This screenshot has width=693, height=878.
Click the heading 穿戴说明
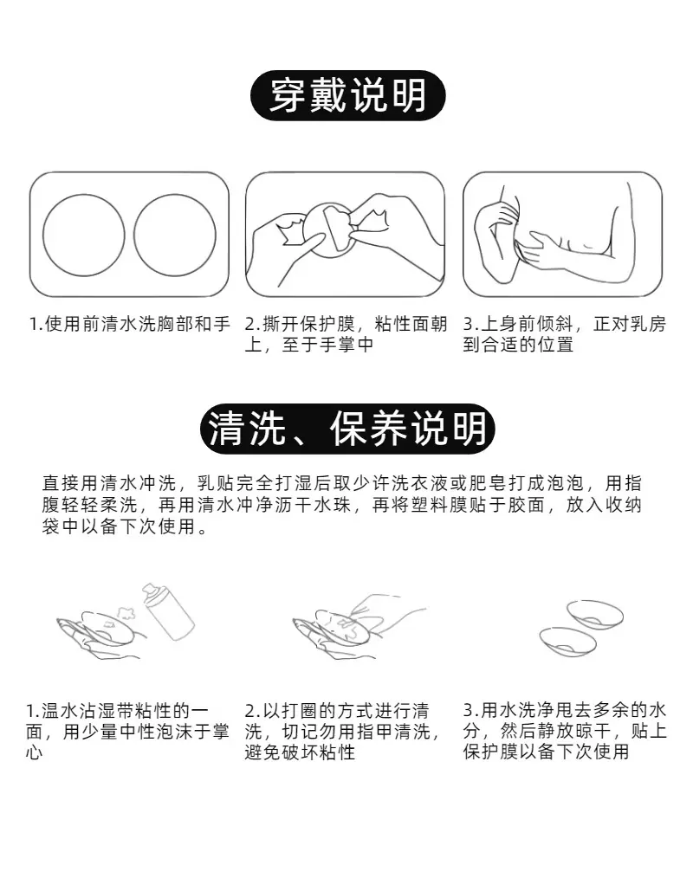(x=347, y=95)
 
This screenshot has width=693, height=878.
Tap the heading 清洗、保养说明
(x=347, y=429)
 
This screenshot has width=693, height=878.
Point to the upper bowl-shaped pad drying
(x=595, y=615)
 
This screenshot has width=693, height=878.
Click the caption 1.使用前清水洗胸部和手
(x=129, y=324)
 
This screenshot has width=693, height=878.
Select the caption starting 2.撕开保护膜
(x=346, y=334)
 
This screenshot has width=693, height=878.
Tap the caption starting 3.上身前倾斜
(x=564, y=334)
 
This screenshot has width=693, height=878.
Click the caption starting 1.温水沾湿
(x=127, y=732)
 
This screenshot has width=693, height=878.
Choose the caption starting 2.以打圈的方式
(x=343, y=732)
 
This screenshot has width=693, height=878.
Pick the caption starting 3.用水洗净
(x=565, y=732)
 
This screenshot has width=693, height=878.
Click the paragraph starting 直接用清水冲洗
(x=342, y=505)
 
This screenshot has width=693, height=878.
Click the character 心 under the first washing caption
(x=34, y=752)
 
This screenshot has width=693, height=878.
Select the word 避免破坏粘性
(x=300, y=752)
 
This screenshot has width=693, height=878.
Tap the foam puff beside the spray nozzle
(x=127, y=611)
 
